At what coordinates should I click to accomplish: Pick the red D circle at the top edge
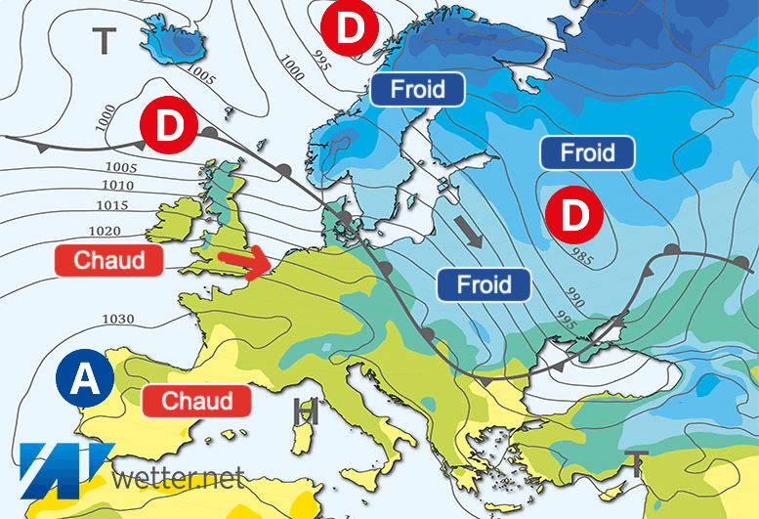(352, 27)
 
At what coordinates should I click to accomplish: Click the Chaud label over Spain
(197, 401)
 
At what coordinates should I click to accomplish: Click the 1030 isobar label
(119, 320)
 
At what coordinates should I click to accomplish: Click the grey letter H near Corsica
(306, 412)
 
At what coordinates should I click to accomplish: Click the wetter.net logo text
(179, 480)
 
